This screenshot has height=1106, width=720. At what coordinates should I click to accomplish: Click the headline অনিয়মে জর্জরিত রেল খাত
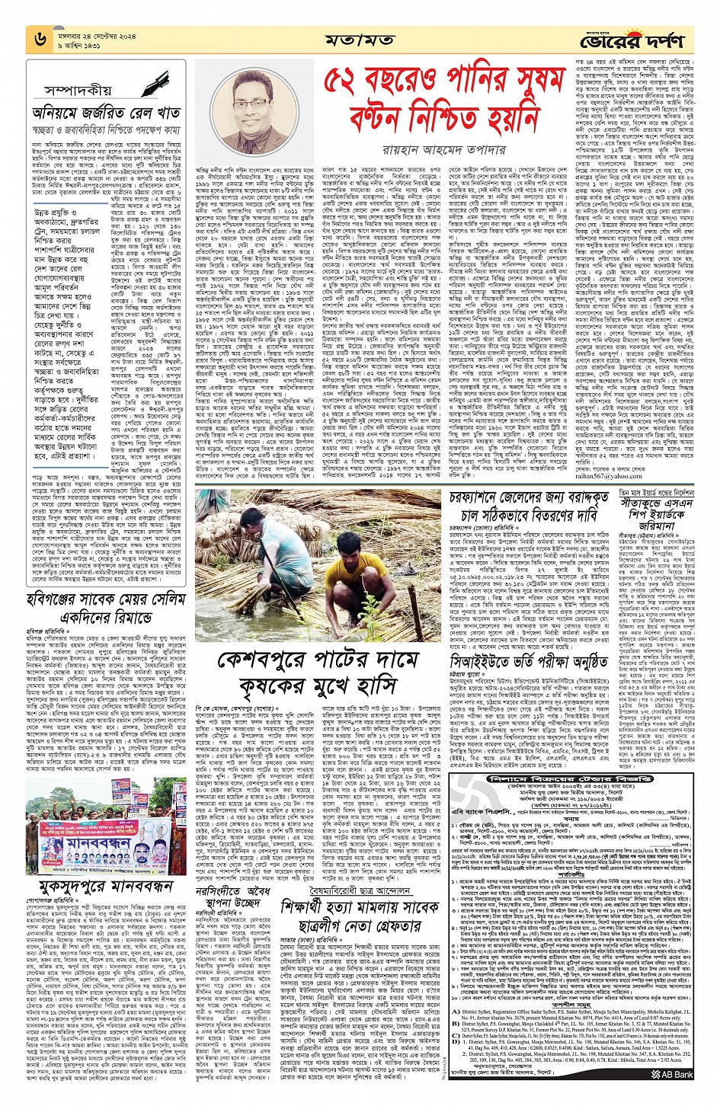pos(105,113)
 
